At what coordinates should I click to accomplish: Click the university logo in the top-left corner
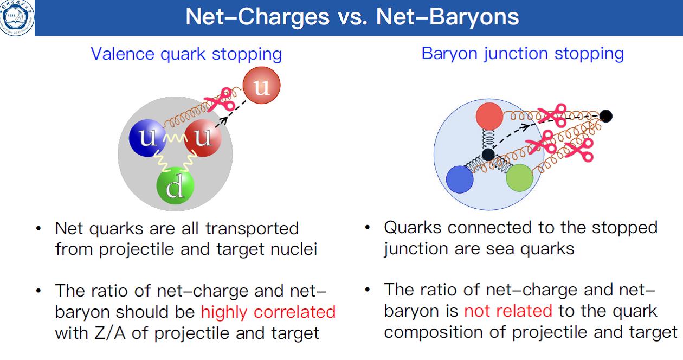17,18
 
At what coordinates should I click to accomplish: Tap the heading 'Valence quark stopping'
186,54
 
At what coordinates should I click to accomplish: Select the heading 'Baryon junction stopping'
523,54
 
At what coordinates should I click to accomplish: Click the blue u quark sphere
147,138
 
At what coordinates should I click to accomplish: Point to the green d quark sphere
175,185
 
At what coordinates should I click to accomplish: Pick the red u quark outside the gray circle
261,86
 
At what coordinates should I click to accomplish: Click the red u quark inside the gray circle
203,138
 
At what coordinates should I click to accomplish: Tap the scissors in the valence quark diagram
220,99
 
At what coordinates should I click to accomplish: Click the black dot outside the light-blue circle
605,116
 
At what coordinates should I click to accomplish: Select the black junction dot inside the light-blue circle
488,155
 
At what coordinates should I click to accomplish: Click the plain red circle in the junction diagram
489,116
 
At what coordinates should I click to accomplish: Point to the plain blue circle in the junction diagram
460,179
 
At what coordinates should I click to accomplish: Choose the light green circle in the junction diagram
519,178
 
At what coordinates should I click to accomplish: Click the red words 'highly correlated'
268,312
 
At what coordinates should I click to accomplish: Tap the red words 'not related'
508,311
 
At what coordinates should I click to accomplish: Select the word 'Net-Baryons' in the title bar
447,17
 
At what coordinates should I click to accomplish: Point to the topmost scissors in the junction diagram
552,115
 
